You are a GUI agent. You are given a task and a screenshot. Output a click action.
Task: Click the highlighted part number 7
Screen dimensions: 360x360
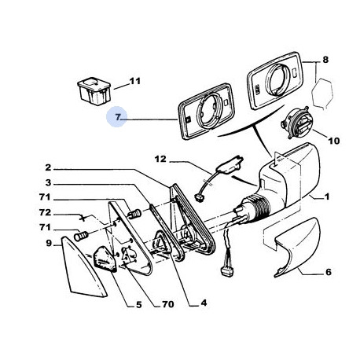pyautogui.click(x=117, y=117)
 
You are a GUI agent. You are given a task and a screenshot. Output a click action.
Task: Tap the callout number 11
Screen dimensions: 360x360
pyautogui.click(x=135, y=81)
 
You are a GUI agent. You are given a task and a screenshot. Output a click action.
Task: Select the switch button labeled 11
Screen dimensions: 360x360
pyautogui.click(x=94, y=91)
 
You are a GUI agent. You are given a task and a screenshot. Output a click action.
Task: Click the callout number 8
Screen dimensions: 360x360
pyautogui.click(x=325, y=60)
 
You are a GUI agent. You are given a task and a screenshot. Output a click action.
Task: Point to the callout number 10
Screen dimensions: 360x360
pyautogui.click(x=334, y=141)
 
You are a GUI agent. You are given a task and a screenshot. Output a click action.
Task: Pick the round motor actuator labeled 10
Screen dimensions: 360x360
pyautogui.click(x=296, y=123)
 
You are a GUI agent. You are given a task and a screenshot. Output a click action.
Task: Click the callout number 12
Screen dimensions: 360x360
pyautogui.click(x=160, y=159)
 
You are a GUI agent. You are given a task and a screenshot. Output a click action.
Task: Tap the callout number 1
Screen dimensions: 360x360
pyautogui.click(x=327, y=197)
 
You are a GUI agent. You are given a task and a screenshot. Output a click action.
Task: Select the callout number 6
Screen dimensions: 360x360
pyautogui.click(x=329, y=272)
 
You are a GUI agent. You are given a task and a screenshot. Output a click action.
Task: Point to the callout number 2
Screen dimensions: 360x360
pyautogui.click(x=48, y=167)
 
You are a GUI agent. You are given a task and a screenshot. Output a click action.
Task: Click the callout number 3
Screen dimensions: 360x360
pyautogui.click(x=48, y=182)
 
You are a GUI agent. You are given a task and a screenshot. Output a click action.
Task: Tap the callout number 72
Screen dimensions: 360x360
pyautogui.click(x=45, y=212)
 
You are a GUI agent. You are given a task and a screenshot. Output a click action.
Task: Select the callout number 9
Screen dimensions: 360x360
pyautogui.click(x=49, y=244)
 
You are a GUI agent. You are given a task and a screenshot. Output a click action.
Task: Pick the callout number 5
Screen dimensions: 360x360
pyautogui.click(x=138, y=304)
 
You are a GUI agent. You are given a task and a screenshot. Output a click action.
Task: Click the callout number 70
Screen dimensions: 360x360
pyautogui.click(x=168, y=304)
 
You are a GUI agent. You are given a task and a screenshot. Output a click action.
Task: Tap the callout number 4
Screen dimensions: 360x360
pyautogui.click(x=204, y=303)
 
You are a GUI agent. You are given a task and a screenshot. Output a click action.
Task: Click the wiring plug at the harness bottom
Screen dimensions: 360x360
pyautogui.click(x=227, y=271)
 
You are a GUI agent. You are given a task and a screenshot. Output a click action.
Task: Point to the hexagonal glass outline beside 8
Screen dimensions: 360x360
pyautogui.click(x=322, y=93)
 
